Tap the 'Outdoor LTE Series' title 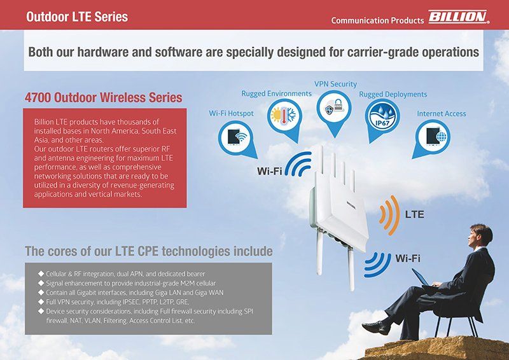click(77, 17)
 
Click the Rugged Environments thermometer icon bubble click(284, 117)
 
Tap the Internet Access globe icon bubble click(432, 136)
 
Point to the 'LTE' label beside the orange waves click(414, 214)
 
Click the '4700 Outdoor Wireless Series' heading click(103, 98)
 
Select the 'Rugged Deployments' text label click(393, 94)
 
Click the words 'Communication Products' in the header click(377, 20)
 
